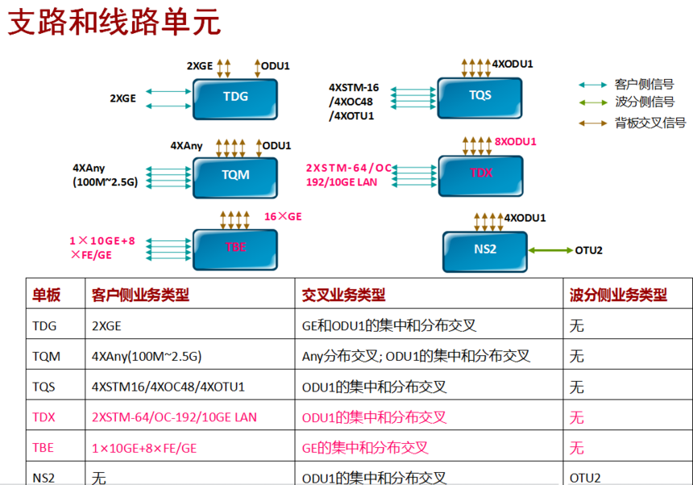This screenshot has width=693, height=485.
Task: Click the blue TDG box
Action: click(235, 97)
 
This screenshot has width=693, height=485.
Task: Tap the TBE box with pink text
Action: click(235, 248)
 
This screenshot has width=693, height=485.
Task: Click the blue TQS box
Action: click(480, 95)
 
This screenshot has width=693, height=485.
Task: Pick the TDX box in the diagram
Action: click(480, 173)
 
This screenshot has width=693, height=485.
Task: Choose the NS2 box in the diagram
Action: click(484, 249)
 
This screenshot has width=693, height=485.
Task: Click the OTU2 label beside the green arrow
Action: click(589, 249)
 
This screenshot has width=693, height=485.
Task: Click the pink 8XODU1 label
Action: click(516, 140)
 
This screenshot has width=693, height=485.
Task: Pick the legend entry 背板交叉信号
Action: click(649, 123)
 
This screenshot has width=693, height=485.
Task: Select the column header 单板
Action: click(46, 295)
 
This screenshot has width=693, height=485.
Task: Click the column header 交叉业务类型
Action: click(342, 295)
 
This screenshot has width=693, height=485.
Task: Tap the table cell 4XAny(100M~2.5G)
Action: click(147, 356)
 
